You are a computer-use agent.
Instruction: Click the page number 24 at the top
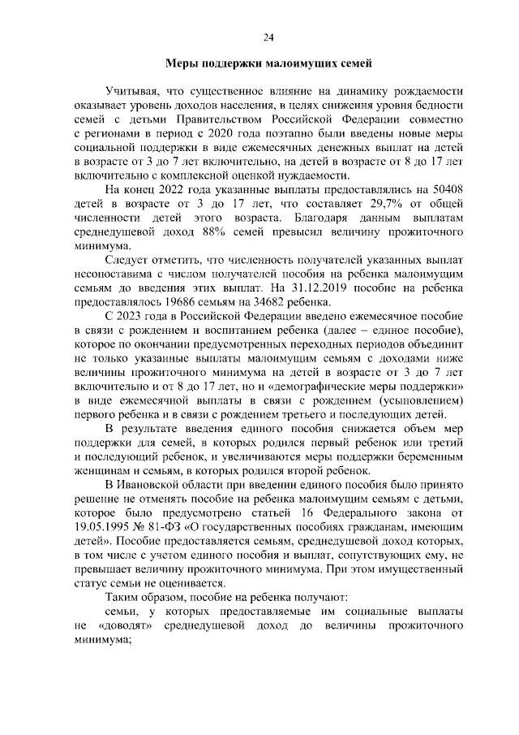(268, 37)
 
